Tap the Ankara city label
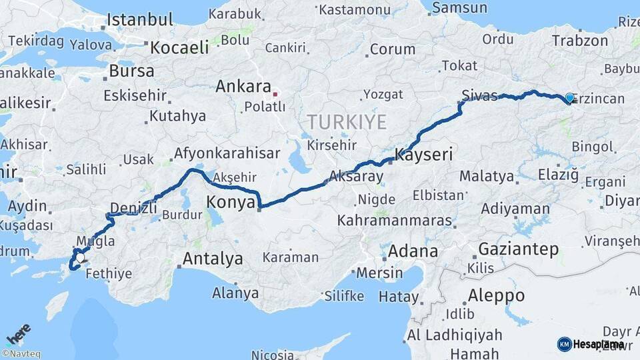[x=243, y=87]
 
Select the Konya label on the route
[x=231, y=202]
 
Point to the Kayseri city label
[x=424, y=155]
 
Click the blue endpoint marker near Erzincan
[x=569, y=99]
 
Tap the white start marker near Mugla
[x=80, y=257]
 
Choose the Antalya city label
[x=213, y=259]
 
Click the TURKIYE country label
[x=346, y=122]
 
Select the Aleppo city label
[x=496, y=295]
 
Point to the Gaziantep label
[x=518, y=250]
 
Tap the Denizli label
[x=133, y=207]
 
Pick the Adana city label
[x=413, y=251]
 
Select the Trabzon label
[x=580, y=41]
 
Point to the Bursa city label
[x=131, y=71]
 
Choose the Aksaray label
[x=356, y=177]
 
